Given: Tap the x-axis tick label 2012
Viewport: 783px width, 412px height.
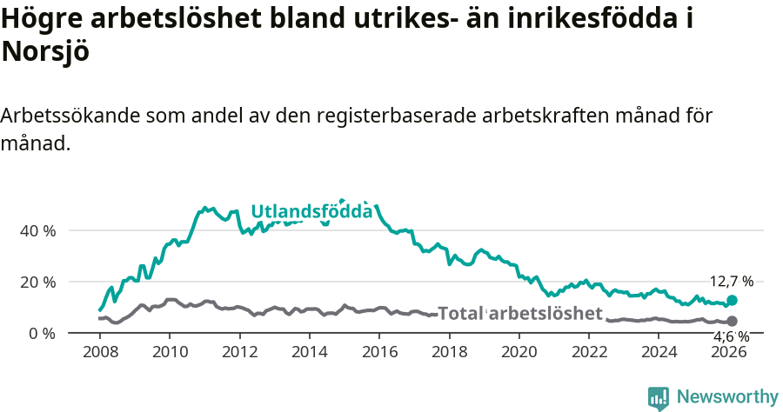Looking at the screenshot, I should coord(239,351).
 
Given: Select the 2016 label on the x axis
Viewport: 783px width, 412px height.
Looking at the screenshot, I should coord(379,351).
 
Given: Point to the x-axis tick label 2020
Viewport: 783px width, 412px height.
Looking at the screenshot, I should coord(519,351).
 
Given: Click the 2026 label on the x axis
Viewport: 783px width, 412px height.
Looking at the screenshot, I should coord(730,351).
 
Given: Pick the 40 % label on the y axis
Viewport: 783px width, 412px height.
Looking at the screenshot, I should coord(37,230).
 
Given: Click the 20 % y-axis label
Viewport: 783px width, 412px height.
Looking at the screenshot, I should coord(37,282).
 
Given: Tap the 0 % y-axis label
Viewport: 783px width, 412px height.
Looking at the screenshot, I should coord(42,333).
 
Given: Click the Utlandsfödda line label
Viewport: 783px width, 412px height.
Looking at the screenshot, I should coord(311,211).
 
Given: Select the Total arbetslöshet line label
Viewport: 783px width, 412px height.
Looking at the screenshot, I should coord(519,314).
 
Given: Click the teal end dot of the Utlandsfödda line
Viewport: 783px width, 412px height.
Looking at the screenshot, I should coord(732,300).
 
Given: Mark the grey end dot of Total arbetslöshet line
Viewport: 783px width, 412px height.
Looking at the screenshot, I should coord(732,322).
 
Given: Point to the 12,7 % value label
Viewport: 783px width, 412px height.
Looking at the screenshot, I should coord(731,282).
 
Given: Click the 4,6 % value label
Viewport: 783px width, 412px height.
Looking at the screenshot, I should coord(731,336).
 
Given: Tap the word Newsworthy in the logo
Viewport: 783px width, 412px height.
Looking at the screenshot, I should coord(727,397).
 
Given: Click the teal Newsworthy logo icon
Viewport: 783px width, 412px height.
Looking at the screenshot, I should coord(659,398).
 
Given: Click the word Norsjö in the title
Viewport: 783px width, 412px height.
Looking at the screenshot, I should coord(45,51).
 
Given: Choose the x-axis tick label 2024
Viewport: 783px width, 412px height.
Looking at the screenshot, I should coord(659,351).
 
